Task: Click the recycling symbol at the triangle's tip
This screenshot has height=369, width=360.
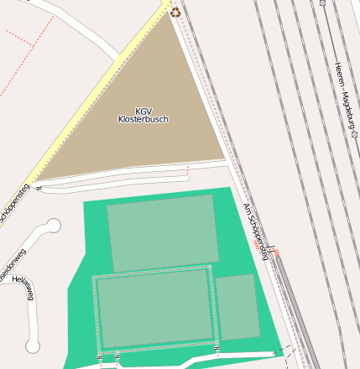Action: point(175,12)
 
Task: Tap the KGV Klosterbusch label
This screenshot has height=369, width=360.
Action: point(143,115)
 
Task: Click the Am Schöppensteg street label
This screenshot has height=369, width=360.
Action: point(255,230)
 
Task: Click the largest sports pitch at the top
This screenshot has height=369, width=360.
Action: point(162,232)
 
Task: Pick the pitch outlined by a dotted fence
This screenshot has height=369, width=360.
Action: point(153,308)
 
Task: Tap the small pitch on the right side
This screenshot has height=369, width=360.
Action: point(237,307)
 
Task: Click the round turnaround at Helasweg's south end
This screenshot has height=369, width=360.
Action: point(32,346)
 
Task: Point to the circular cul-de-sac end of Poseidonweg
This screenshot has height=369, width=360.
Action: point(53,225)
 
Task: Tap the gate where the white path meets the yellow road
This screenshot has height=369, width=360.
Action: point(39,189)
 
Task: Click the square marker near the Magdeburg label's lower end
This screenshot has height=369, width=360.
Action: point(355,133)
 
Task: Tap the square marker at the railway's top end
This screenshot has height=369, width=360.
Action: point(322,3)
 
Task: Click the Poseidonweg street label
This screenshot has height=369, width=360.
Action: point(12,264)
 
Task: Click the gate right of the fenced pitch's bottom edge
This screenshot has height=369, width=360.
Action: point(217,347)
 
